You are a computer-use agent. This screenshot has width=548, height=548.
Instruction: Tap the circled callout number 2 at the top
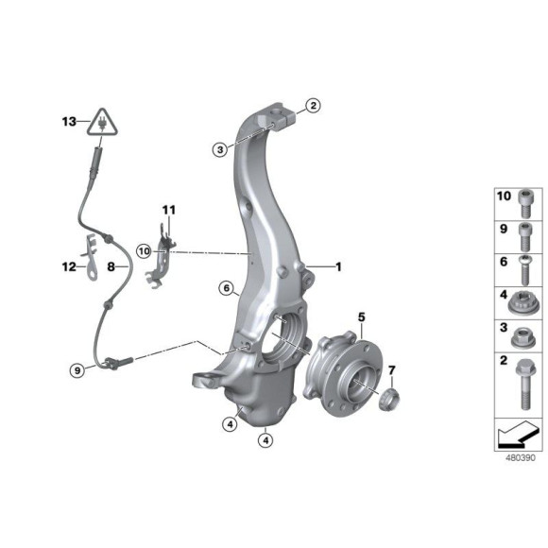[313, 107]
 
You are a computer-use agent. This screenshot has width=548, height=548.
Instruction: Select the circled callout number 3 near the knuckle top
[219, 148]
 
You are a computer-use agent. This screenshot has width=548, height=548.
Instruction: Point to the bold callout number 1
[337, 266]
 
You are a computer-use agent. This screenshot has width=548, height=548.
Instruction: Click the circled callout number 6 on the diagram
[226, 287]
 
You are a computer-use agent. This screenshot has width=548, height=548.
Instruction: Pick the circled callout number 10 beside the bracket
[143, 250]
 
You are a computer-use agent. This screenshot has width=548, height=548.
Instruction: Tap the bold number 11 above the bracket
[168, 210]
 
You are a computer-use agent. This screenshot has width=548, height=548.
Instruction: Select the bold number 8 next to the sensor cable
[111, 267]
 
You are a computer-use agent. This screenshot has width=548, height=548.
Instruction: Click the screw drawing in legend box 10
[525, 203]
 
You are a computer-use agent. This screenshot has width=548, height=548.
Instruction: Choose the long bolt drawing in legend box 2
[525, 382]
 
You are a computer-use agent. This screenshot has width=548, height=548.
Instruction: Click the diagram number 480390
[519, 456]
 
